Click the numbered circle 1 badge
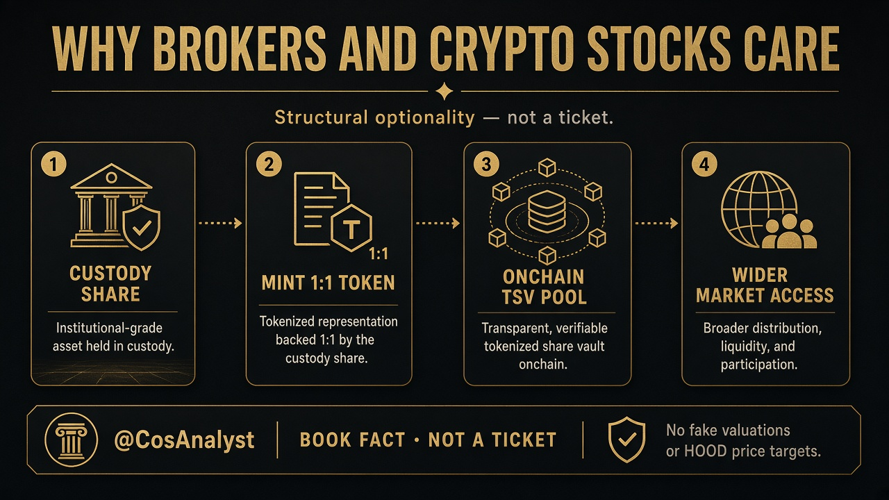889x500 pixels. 53,164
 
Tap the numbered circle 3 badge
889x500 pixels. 486,164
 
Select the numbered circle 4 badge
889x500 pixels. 704,164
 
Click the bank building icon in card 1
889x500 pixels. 107,205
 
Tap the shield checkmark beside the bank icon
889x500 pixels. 142,227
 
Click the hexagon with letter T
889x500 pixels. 351,228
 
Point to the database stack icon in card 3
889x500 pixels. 547,212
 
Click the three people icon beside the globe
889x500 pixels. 789,232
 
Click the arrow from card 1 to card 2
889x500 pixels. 220,223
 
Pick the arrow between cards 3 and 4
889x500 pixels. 656,224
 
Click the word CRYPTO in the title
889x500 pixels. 501,49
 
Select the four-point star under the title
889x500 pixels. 444,91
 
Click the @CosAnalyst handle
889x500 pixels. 184,440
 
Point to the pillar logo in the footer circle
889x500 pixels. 71,440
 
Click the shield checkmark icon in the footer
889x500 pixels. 626,440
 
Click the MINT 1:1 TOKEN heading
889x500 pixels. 329,283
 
